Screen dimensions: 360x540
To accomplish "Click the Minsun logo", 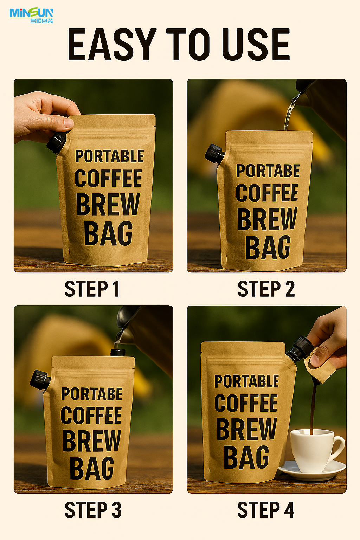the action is click(31, 15).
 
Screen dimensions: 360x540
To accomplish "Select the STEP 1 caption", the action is click(92, 289).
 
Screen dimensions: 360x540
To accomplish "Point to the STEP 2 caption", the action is click(266, 289).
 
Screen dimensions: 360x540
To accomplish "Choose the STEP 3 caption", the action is click(93, 510).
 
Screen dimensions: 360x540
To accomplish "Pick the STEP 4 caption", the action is click(266, 510).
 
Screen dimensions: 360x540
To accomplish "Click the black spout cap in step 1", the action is click(56, 142).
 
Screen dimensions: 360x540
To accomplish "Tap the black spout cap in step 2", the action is click(214, 153).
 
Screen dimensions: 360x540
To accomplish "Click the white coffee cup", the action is click(314, 450).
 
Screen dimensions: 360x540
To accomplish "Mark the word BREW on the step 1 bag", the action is click(108, 204).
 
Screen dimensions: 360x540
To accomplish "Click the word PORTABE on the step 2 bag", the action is click(268, 171).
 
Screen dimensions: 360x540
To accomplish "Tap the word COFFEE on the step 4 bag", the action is click(246, 403).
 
